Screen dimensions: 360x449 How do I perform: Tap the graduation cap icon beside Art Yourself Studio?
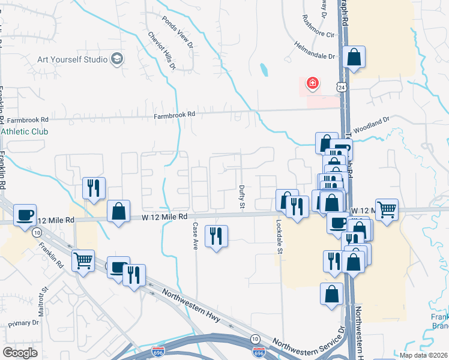pyautogui.click(x=118, y=59)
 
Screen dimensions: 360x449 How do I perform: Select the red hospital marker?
pyautogui.click(x=312, y=83)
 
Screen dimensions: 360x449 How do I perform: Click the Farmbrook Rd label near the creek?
pyautogui.click(x=175, y=115)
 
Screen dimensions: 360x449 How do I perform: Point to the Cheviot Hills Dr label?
pyautogui.click(x=162, y=50)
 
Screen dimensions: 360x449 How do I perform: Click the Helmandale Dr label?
pyautogui.click(x=314, y=50)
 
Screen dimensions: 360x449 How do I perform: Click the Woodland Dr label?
pyautogui.click(x=371, y=124)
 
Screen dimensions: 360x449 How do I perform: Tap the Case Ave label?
pyautogui.click(x=195, y=236)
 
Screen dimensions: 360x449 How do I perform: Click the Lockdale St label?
pyautogui.click(x=279, y=236)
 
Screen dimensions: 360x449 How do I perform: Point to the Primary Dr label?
pyautogui.click(x=23, y=323)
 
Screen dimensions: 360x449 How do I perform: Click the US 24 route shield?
pyautogui.click(x=341, y=87)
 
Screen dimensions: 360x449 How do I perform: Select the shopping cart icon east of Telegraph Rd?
pyautogui.click(x=387, y=209)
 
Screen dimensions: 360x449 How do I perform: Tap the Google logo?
pyautogui.click(x=20, y=352)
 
